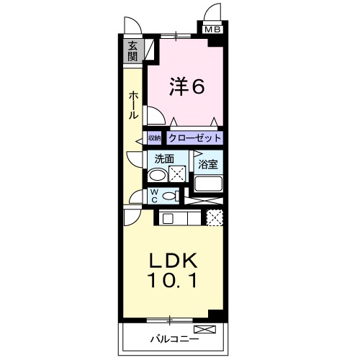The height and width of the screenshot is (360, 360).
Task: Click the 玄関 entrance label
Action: point(133,53)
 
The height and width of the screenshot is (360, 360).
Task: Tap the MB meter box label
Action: point(212,30)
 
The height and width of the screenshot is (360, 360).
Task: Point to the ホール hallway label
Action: point(135,105)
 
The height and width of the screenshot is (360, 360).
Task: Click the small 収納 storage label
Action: point(155,138)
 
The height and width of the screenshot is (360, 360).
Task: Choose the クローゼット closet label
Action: point(195,138)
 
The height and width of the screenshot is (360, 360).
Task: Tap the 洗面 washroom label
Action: point(163,158)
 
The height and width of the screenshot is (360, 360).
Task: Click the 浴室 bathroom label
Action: point(209,164)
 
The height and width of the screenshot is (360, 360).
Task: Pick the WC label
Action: point(154,196)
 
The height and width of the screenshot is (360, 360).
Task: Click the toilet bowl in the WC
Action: point(169,196)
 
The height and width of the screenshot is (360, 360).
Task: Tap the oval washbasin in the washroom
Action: point(156,174)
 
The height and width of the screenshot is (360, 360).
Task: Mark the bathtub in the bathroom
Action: point(208,185)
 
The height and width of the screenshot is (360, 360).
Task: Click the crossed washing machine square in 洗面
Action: point(178,174)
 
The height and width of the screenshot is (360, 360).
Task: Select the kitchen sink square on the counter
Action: point(167,217)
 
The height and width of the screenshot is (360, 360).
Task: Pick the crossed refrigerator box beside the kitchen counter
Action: point(214,217)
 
